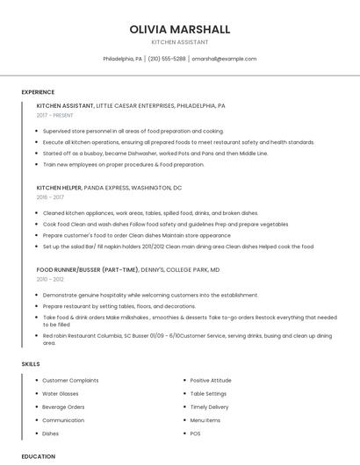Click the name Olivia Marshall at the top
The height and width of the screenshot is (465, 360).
tap(179, 29)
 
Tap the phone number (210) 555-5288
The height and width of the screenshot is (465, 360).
tap(167, 59)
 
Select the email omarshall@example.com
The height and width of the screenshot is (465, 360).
tap(224, 59)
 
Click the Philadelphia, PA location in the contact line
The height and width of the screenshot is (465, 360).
tap(122, 59)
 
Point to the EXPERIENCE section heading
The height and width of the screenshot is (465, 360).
tap(38, 92)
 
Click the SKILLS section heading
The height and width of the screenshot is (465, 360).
tap(31, 363)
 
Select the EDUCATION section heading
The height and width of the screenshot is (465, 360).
tap(39, 456)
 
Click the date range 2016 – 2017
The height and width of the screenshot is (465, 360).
tap(50, 197)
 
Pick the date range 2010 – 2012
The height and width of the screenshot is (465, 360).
tap(50, 279)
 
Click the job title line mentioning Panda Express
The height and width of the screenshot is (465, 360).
tap(109, 188)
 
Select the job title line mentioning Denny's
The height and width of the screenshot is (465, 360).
tap(128, 270)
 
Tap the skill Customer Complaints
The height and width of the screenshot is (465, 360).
tap(70, 380)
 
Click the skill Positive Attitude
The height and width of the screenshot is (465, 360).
tap(211, 380)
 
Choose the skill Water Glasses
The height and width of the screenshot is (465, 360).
tap(61, 394)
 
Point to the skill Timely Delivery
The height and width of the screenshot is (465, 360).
tap(209, 407)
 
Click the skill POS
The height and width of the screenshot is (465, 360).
tap(195, 433)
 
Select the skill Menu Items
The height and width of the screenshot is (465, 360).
tap(205, 420)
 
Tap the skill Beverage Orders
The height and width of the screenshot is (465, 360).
tap(63, 407)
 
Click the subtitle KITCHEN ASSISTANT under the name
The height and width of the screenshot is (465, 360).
tap(179, 42)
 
